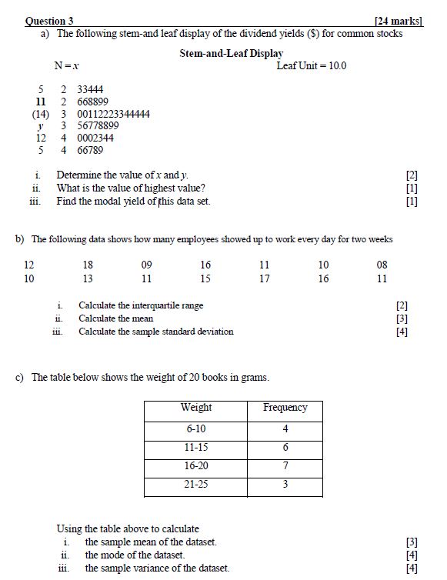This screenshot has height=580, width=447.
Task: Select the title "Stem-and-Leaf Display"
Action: pyautogui.click(x=231, y=54)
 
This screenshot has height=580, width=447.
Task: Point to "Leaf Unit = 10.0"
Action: pyautogui.click(x=311, y=65)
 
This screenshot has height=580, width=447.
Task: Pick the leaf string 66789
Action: pyautogui.click(x=90, y=150)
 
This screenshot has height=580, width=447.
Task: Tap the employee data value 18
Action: pyautogui.click(x=88, y=265)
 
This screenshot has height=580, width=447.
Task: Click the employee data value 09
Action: pyautogui.click(x=146, y=265)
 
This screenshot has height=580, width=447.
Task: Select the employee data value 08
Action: pyautogui.click(x=382, y=265)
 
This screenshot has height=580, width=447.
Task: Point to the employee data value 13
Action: pyautogui.click(x=88, y=278)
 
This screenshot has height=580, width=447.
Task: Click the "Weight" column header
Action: pyautogui.click(x=196, y=408)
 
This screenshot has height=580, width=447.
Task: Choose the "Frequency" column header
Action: pyautogui.click(x=285, y=408)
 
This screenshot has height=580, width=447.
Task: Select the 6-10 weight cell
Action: pyautogui.click(x=196, y=428)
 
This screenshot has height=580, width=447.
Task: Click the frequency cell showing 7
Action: pyautogui.click(x=285, y=465)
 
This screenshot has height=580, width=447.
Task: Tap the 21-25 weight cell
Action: pyautogui.click(x=196, y=485)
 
